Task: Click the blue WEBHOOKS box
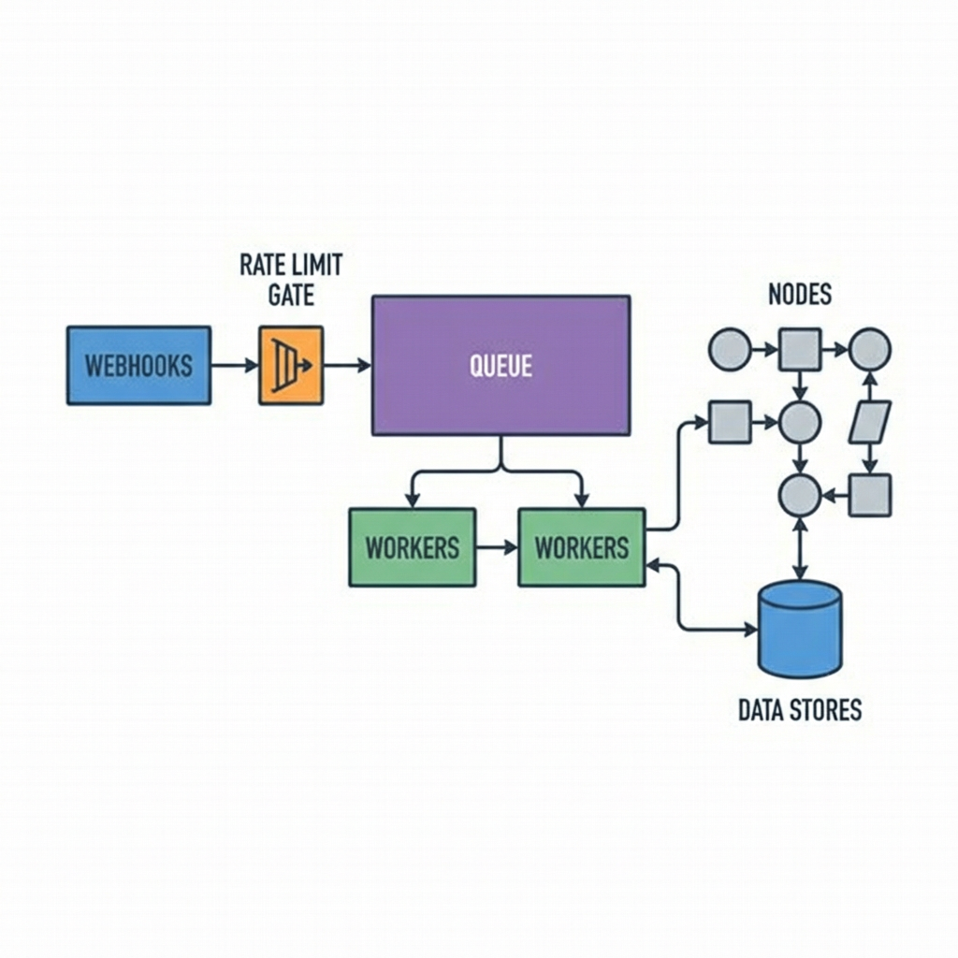pos(138,365)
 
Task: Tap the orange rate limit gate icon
pos(291,365)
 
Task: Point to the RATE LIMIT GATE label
pos(291,280)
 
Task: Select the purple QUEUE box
pos(501,365)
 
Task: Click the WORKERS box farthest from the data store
pos(412,547)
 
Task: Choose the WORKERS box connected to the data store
pos(581,547)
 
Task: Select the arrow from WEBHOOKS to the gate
pos(234,365)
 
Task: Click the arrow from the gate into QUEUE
pos(347,365)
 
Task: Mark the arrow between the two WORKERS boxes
pos(497,547)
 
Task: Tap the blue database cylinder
pos(799,628)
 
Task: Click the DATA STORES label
pos(799,709)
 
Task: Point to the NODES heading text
pos(799,295)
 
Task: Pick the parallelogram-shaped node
pos(869,422)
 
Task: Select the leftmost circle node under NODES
pos(730,350)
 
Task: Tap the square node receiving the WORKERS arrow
pos(730,422)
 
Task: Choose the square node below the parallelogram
pos(869,495)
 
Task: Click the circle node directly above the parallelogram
pos(869,350)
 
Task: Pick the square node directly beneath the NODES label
pos(800,350)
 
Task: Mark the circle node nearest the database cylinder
pos(800,495)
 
